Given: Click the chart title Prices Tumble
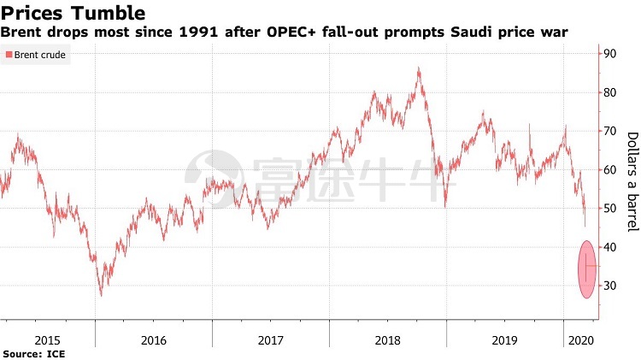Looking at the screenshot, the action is (74, 13).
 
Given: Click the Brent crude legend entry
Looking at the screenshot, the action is (36, 55).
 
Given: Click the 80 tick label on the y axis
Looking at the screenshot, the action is (609, 92).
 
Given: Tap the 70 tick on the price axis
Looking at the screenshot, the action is (609, 131).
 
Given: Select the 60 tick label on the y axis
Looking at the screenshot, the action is (609, 170).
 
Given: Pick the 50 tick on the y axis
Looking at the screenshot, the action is (609, 209).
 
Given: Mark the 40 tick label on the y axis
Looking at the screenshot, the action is (609, 247).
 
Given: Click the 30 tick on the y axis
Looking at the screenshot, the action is (609, 286).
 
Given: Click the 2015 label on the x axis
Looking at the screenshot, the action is (47, 340).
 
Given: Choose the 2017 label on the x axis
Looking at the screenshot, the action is (271, 340).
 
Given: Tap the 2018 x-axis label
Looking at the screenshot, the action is (387, 340).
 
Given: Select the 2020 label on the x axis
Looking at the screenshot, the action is (581, 340).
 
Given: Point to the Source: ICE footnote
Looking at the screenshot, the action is (34, 354).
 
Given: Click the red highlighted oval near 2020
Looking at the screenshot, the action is (587, 269).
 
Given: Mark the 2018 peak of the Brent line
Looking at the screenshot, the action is (419, 68).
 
